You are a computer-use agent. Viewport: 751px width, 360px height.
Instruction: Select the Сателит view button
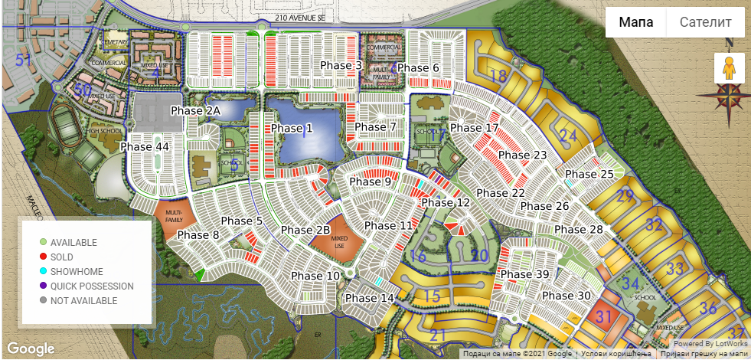coord(705,22)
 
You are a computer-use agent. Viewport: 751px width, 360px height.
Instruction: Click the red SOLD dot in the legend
coord(44,257)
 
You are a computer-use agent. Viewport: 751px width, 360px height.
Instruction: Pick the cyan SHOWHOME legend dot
coord(44,271)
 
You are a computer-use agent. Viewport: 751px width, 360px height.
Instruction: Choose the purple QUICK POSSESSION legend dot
coord(44,286)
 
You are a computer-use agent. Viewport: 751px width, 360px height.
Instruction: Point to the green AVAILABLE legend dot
coord(44,242)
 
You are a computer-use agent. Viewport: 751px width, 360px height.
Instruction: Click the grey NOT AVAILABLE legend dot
coord(44,300)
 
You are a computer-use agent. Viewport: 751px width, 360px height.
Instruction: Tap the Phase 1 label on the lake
coord(292,128)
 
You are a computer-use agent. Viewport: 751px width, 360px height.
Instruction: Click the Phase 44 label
coord(145,146)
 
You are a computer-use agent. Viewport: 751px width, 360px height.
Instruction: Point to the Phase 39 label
coord(525,274)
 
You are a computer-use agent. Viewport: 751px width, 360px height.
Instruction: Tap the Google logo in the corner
coord(31,348)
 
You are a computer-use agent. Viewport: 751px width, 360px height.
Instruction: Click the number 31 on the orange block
coord(604,316)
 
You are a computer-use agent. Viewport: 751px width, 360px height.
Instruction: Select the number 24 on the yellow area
coord(568,136)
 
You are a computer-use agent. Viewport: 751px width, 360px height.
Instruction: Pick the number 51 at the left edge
coord(24,60)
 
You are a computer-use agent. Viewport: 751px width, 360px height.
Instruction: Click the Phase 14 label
coord(369,298)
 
